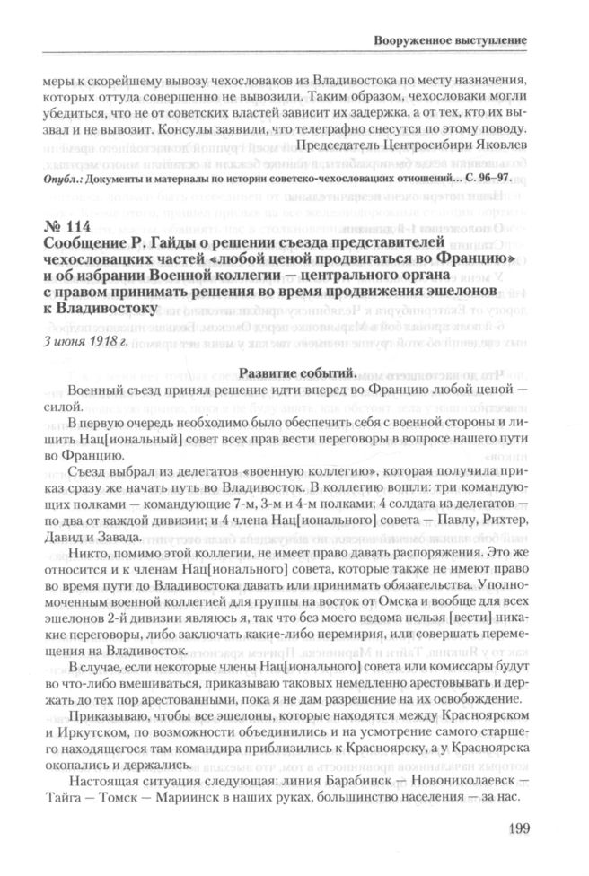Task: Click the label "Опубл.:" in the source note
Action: [x=59, y=179]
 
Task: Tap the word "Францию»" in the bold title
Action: [x=480, y=260]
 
